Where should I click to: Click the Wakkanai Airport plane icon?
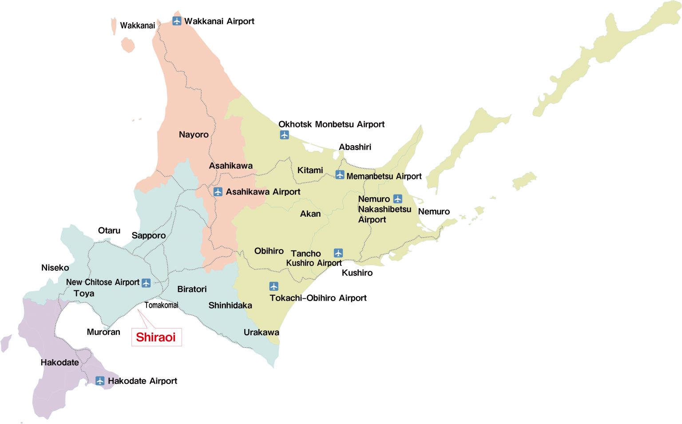177,21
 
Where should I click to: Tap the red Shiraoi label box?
156,337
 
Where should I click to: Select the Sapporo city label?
149,235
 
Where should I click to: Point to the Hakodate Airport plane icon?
100,381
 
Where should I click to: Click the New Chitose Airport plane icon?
146,283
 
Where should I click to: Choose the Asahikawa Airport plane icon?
218,192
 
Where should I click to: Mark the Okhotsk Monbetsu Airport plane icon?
285,135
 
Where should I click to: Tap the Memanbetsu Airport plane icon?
340,175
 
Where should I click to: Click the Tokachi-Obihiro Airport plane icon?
274,286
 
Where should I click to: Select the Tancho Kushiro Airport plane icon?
338,253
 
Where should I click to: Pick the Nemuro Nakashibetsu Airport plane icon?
398,199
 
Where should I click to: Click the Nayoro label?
194,135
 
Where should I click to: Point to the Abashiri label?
355,147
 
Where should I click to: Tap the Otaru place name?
109,230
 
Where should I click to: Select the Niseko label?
55,268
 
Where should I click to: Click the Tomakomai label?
161,305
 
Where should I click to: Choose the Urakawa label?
261,332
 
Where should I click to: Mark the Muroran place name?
103,332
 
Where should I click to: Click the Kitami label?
310,170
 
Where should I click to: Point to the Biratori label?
192,289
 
